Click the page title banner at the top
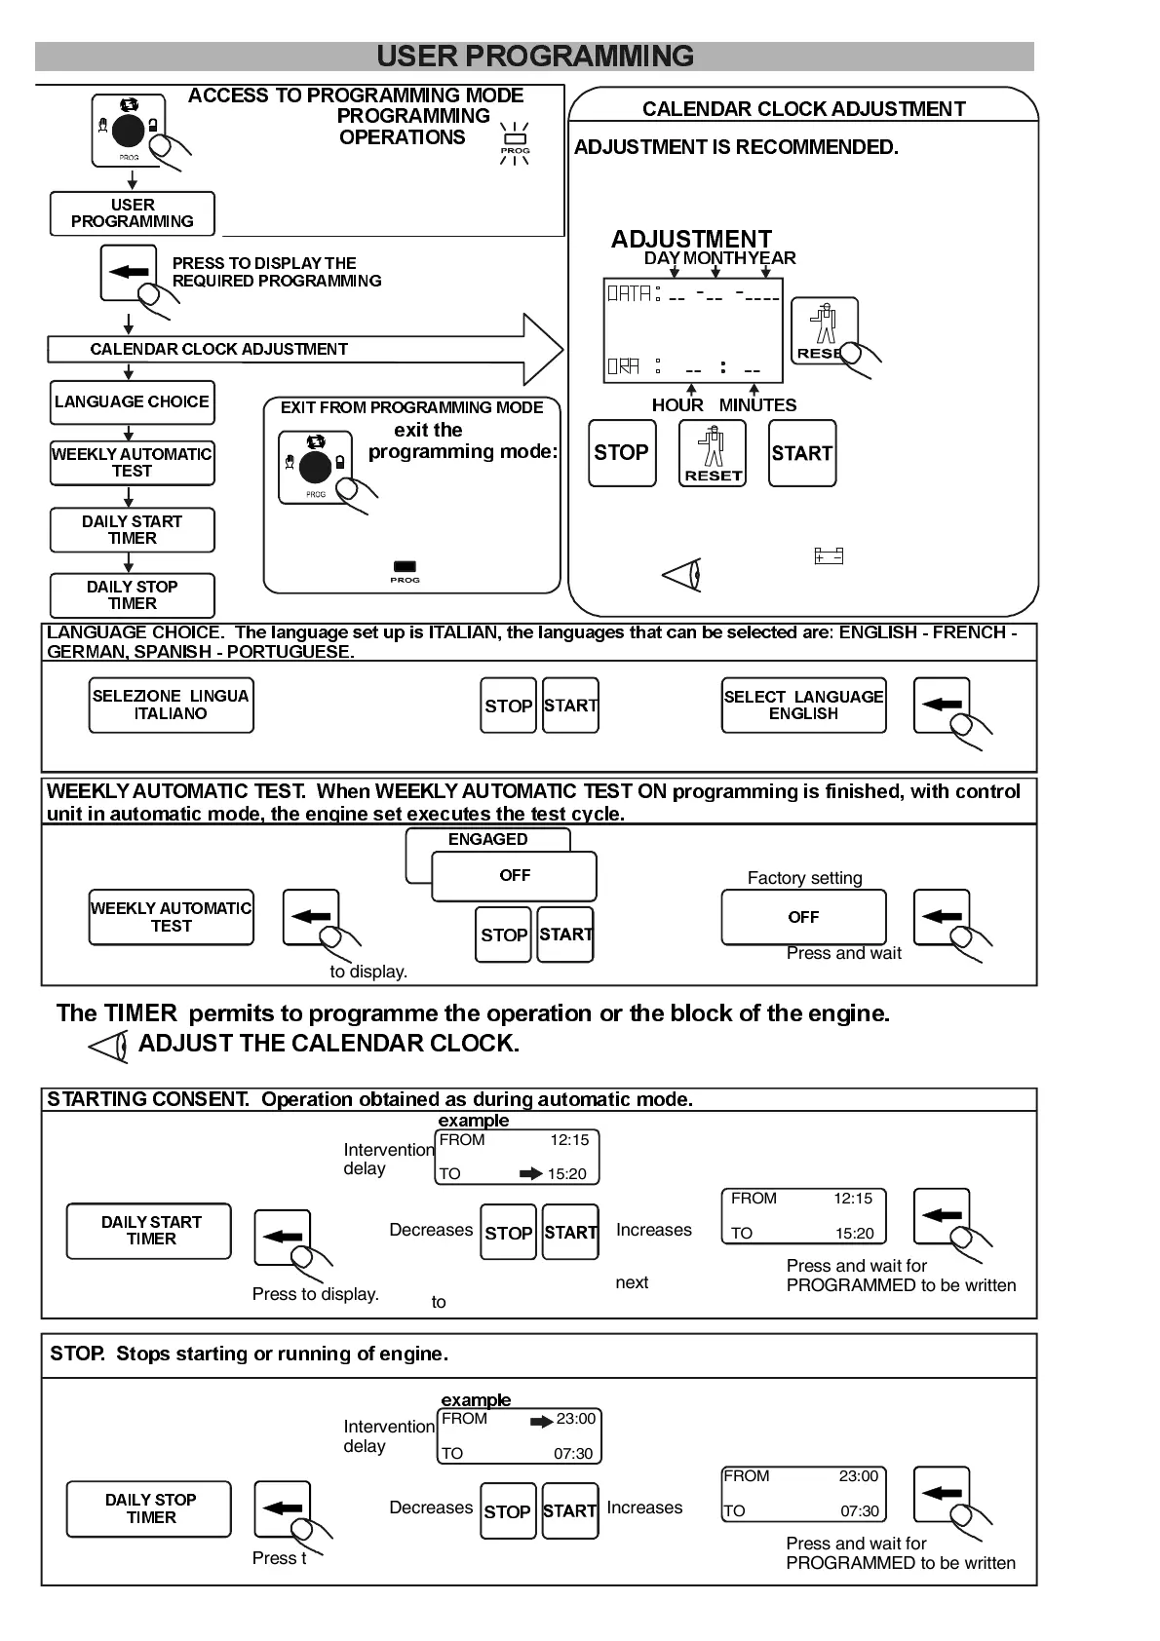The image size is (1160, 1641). tap(534, 57)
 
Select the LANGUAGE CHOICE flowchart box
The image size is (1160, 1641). tap(132, 401)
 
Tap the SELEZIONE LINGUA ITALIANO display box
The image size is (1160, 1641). tap(171, 705)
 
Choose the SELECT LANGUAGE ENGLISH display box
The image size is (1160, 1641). tap(803, 705)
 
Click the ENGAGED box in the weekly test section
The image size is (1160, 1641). tap(487, 839)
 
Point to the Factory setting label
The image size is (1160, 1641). tap(804, 878)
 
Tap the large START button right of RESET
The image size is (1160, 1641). tap(801, 453)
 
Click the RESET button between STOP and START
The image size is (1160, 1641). tap(713, 453)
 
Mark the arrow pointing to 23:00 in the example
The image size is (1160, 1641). tap(541, 1422)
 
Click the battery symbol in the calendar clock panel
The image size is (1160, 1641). tap(829, 556)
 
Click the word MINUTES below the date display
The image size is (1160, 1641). tap(757, 405)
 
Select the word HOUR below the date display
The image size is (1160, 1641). tap(677, 405)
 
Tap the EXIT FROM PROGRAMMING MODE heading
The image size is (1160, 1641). tap(411, 407)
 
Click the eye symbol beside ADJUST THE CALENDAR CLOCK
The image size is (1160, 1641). tap(108, 1047)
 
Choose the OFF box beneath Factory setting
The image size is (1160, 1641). tap(803, 917)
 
